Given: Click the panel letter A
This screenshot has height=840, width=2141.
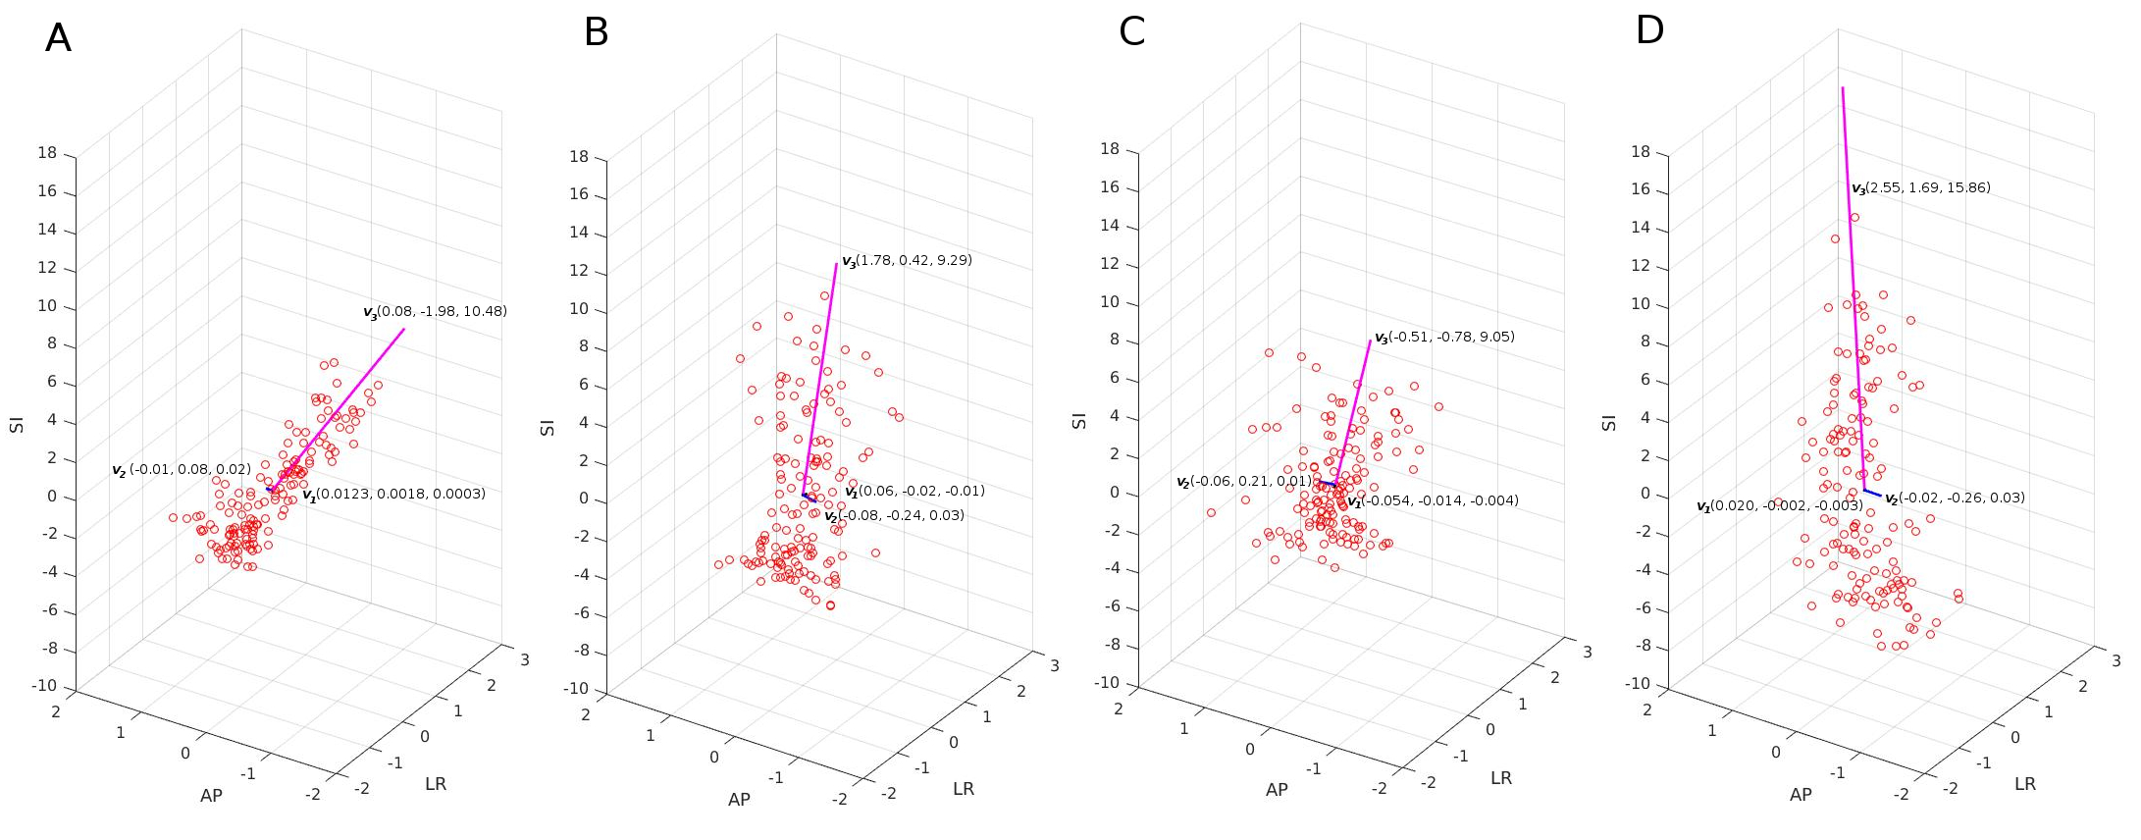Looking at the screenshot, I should coord(58,38).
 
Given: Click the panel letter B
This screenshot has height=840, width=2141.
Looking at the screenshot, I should coord(596,32).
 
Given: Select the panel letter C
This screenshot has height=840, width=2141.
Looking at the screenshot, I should coord(1131,32).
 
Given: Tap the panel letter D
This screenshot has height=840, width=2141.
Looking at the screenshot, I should coord(1649,30).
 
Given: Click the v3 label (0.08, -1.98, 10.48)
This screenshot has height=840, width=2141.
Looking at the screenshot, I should coord(435,312).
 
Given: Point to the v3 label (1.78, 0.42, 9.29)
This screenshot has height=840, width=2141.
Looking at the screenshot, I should coord(907,261).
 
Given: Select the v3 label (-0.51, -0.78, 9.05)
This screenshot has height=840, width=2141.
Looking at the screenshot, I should coord(1443,338).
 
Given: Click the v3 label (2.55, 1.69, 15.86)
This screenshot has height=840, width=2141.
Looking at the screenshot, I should coord(1920,188).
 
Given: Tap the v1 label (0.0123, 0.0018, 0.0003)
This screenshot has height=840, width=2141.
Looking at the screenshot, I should coord(393,495).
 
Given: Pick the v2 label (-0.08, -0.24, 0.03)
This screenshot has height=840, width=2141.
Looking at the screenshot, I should coord(893,516).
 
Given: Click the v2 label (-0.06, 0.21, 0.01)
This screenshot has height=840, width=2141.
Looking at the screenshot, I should coord(1243,482).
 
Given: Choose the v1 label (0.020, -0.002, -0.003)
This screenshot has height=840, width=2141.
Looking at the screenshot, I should coord(1779,506).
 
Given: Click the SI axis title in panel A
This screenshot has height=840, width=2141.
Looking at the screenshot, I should coord(17,424).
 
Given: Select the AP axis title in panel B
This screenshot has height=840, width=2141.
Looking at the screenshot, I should coord(739,800).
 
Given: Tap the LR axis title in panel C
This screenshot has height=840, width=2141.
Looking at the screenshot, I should coord(1500,778).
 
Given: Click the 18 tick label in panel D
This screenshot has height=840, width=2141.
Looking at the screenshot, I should coord(1640,152).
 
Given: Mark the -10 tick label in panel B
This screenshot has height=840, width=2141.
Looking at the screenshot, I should coord(575,689).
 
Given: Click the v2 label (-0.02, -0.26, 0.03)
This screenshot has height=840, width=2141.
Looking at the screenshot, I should coord(1954,499).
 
